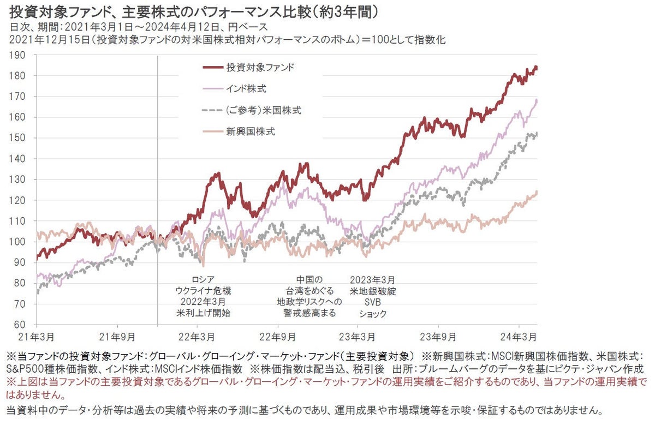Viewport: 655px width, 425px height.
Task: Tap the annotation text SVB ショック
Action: click(x=373, y=308)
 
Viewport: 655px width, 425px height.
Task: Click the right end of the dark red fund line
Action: click(x=537, y=68)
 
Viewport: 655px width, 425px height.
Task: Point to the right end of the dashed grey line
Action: click(x=537, y=134)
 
